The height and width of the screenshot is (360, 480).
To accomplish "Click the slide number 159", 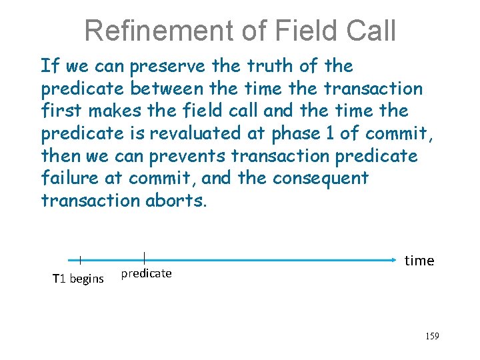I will pos(431,336).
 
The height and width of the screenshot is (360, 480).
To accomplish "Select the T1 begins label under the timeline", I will pos(78,279).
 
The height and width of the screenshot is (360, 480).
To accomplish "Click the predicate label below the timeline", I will pos(146,273).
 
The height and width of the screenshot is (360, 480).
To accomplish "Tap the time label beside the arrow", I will pos(419,261).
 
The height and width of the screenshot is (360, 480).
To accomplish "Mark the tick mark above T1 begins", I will pos(80,260).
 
